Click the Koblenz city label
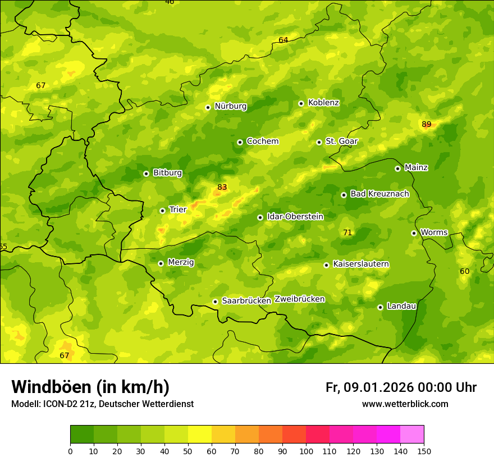click(x=323, y=103)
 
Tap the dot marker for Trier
click(x=162, y=211)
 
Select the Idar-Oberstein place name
click(x=295, y=217)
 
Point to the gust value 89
click(x=427, y=124)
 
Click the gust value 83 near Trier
click(x=222, y=187)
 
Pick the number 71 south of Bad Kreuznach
click(x=347, y=232)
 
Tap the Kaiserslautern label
click(x=361, y=264)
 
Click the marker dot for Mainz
click(x=397, y=168)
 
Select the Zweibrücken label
click(x=299, y=299)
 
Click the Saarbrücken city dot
click(x=215, y=301)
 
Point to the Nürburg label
click(x=230, y=106)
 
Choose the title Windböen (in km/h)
click(x=90, y=387)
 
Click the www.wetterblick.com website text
click(x=405, y=404)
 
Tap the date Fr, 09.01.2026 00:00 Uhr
click(x=401, y=387)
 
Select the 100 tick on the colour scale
click(x=306, y=451)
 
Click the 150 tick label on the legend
click(x=424, y=451)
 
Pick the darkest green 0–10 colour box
click(x=82, y=435)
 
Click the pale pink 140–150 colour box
click(x=412, y=435)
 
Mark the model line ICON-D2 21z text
click(x=102, y=404)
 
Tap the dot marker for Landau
click(x=380, y=307)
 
